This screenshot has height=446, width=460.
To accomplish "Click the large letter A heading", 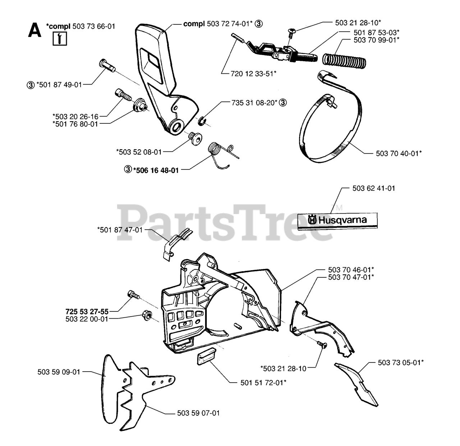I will coord(34,30).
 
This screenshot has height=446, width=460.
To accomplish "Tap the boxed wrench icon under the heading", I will coord(60,38).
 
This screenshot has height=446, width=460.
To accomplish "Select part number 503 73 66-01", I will coord(94,26).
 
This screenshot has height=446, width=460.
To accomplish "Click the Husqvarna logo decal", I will coord(337,220).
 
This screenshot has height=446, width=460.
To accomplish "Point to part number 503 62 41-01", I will coord(374,188).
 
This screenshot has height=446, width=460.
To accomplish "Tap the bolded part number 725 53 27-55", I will coord(87,311).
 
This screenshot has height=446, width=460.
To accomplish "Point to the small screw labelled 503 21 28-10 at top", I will coord(290,33).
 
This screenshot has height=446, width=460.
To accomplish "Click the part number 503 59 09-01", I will coord(59,372).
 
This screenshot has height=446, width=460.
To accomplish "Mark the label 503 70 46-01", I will coord(351,269).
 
